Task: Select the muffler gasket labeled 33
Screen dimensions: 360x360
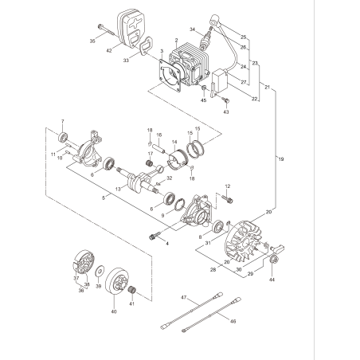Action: point(144,49)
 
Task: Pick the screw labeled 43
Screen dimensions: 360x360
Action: point(225,100)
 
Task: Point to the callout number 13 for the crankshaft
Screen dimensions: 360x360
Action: point(118,189)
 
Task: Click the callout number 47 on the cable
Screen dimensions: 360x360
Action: point(182,297)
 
